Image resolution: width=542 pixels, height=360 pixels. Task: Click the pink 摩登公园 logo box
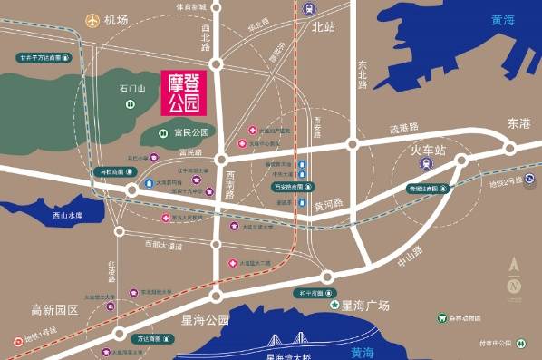pyautogui.click(x=185, y=92)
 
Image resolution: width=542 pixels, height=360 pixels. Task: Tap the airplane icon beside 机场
pyautogui.click(x=92, y=19)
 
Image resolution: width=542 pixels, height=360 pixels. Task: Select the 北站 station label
pyautogui.click(x=323, y=27)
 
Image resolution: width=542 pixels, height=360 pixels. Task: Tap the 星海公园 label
pyautogui.click(x=205, y=320)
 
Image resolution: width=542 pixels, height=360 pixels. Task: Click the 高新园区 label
pyautogui.click(x=55, y=309)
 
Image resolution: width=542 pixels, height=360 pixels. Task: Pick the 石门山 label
pyautogui.click(x=132, y=89)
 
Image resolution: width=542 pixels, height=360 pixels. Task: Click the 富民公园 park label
pyautogui.click(x=191, y=132)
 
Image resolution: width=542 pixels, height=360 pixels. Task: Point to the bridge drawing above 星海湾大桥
pyautogui.click(x=287, y=343)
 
